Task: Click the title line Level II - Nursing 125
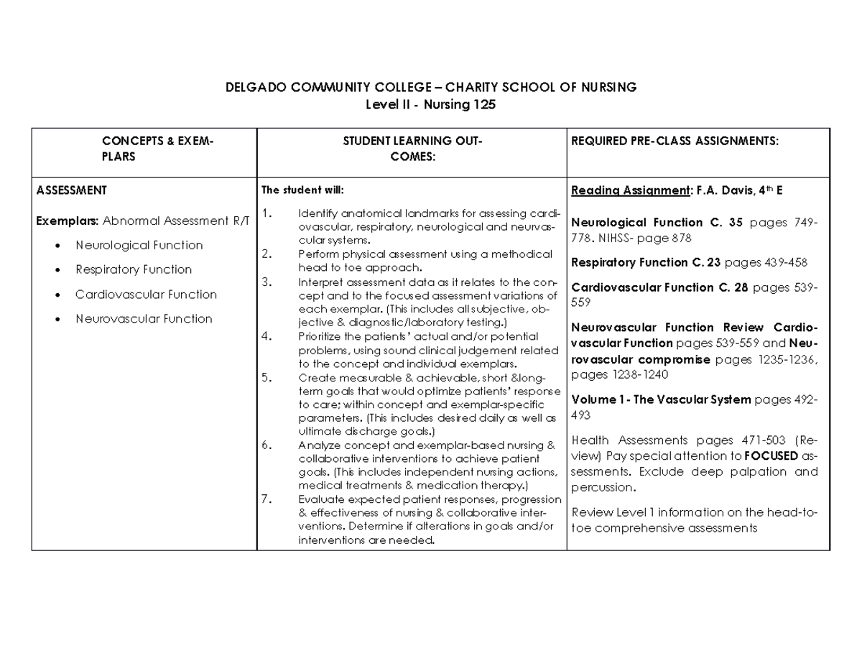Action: [x=431, y=105]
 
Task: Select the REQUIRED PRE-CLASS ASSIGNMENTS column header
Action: [x=674, y=142]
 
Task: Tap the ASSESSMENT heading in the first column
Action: [x=72, y=190]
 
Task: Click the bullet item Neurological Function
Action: [x=139, y=245]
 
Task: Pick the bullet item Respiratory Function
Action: [x=134, y=269]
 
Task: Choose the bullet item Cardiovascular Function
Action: [x=146, y=294]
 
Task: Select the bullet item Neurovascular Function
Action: [x=144, y=318]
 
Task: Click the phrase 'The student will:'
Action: [x=302, y=190]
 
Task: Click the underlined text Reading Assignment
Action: [x=629, y=190]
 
